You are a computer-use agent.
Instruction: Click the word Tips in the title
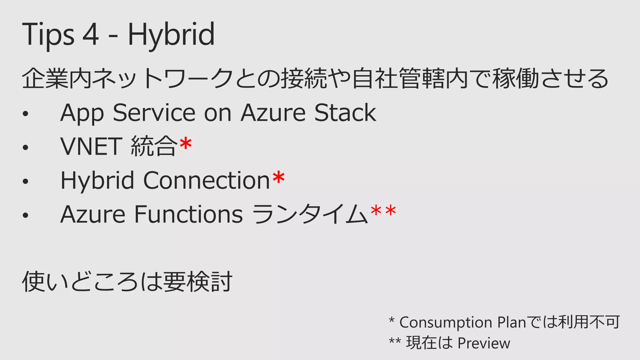tap(48, 34)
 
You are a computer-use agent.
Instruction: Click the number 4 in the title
tap(91, 34)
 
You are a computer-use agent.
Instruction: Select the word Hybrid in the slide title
tap(171, 34)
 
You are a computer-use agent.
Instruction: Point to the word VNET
tap(91, 146)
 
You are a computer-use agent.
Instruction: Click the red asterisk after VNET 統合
tap(186, 144)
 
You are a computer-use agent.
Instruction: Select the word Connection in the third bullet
tap(206, 180)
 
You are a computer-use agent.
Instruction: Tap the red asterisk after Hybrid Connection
tap(278, 178)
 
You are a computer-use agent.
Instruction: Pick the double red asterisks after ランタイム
tap(383, 212)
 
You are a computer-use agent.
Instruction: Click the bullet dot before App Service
tap(26, 114)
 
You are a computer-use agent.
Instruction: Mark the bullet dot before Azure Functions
tap(26, 215)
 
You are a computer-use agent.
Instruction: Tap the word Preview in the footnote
tap(484, 343)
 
